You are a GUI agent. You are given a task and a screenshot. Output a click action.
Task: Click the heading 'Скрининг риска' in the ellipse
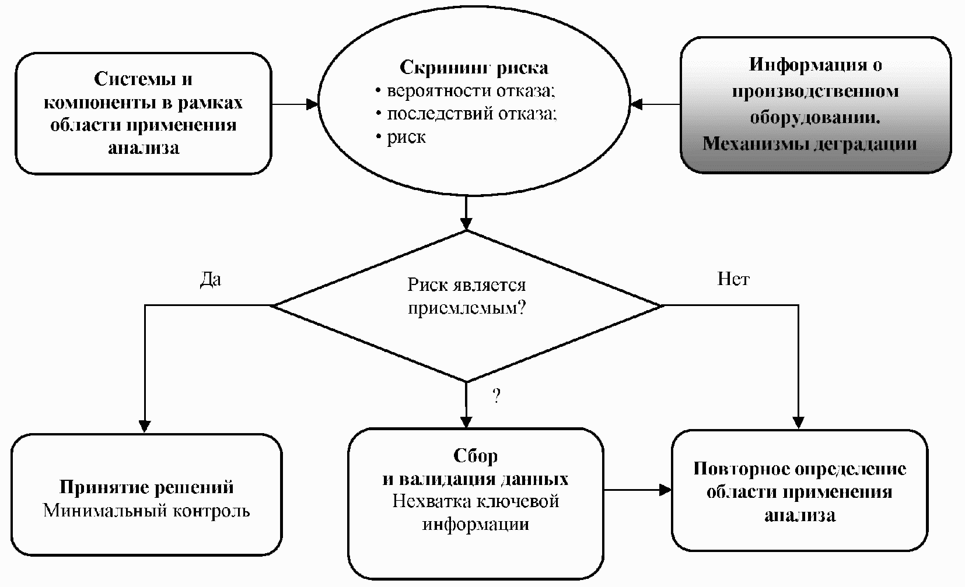point(473,68)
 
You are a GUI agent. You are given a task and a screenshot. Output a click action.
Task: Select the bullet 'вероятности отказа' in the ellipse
point(470,91)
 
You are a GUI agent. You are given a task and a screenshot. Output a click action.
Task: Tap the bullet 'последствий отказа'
point(471,114)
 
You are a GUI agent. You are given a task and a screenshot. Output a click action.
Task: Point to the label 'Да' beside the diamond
point(211,280)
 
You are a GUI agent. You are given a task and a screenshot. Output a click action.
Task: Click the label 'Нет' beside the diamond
point(733,280)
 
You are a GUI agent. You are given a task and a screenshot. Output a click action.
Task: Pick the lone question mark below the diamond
point(496,397)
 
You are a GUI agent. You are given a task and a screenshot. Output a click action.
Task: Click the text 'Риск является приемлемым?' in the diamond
point(466,296)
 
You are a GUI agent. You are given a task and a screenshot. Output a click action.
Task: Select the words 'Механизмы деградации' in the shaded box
point(809,143)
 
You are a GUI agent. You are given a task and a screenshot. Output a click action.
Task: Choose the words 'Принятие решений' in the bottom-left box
point(146,487)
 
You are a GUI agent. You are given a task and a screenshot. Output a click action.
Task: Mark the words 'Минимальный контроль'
point(146,511)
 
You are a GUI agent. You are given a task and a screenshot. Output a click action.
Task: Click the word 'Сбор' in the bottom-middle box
point(475,456)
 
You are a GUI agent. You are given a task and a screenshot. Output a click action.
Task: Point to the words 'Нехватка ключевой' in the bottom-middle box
point(475,501)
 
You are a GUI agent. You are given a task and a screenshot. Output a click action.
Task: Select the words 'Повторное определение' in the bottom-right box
point(799,469)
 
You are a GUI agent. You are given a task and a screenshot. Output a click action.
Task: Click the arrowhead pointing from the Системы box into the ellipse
point(313,104)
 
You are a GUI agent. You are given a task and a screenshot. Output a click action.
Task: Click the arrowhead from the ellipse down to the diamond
point(466,224)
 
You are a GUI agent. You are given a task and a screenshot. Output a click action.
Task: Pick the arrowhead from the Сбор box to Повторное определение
point(665,490)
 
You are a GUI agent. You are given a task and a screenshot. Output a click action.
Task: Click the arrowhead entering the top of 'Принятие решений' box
point(144,426)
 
